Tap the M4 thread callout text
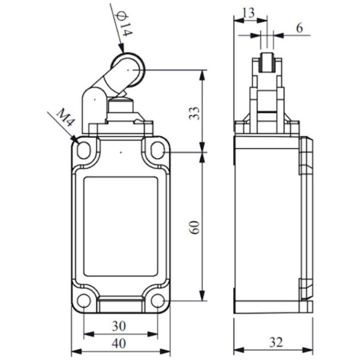tap(65, 118)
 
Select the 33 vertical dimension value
tap(194, 113)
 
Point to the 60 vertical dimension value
tap(194, 227)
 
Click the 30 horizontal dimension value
tap(119, 326)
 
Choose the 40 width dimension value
tap(119, 343)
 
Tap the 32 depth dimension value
tap(276, 343)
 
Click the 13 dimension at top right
tap(248, 13)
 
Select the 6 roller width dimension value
tap(299, 28)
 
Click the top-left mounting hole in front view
tap(83, 150)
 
